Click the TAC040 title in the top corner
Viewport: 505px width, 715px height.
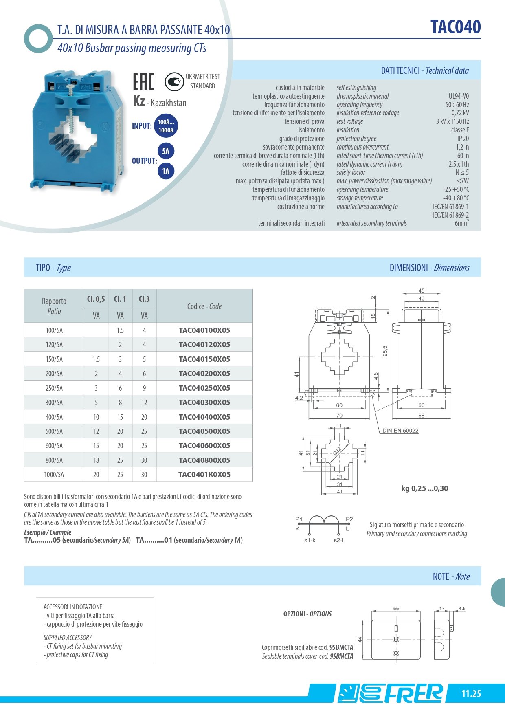point(455,27)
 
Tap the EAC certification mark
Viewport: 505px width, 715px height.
point(143,81)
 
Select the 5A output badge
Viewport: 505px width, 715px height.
point(166,152)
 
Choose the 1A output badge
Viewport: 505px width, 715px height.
point(166,171)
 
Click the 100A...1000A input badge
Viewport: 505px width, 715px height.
point(166,126)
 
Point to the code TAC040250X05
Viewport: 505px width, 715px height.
point(204,388)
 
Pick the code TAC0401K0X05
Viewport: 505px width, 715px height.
point(204,475)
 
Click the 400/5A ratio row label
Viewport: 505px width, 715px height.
point(54,417)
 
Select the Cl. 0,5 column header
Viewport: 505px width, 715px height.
point(96,299)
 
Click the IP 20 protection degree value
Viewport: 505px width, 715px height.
point(463,139)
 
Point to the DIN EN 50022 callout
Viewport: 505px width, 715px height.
point(400,431)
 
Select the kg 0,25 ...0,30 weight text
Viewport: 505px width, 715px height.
point(424,488)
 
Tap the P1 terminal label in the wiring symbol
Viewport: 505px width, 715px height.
point(299,519)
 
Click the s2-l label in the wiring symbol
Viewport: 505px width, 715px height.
point(338,540)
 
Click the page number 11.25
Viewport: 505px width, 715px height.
point(471,694)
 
